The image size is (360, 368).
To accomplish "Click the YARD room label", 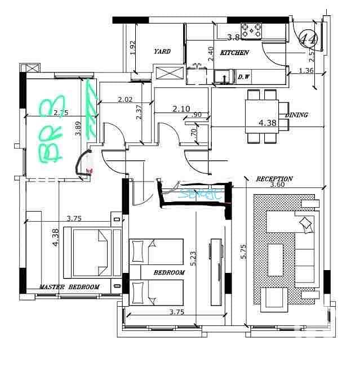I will (162, 52).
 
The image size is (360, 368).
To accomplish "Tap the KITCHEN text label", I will (234, 52).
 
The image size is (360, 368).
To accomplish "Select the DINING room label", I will (296, 115).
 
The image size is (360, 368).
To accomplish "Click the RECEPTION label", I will (274, 178).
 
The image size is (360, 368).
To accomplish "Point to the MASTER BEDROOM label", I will (69, 287).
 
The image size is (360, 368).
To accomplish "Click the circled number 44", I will (308, 39).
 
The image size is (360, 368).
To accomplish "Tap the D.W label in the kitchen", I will (244, 77).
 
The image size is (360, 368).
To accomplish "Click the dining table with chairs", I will (262, 115).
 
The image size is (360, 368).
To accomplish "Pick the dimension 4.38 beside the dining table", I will (267, 123).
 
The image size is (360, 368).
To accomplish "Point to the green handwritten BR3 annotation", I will (54, 129).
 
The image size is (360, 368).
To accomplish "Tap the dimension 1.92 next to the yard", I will (133, 47).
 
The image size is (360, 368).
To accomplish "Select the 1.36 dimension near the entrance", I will (306, 70).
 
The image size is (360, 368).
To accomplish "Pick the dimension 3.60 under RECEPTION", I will (278, 185).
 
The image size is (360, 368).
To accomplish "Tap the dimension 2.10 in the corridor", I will (181, 109).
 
